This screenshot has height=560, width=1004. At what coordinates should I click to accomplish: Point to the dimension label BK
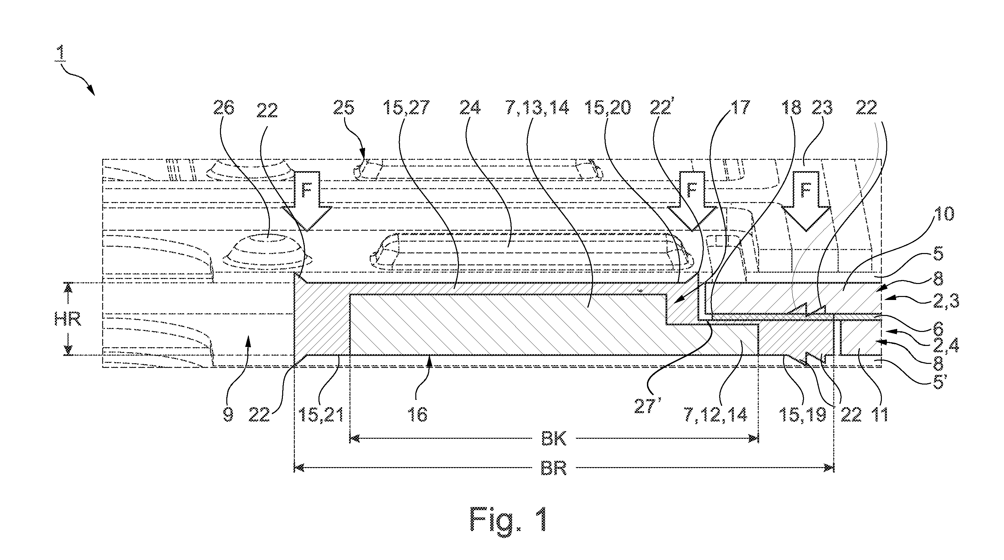coord(554,439)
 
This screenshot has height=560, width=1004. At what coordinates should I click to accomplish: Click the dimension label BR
coord(554,468)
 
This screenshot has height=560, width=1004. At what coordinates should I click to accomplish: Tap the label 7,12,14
coord(715,415)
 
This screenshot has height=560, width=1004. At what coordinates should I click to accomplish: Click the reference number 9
coord(228,415)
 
